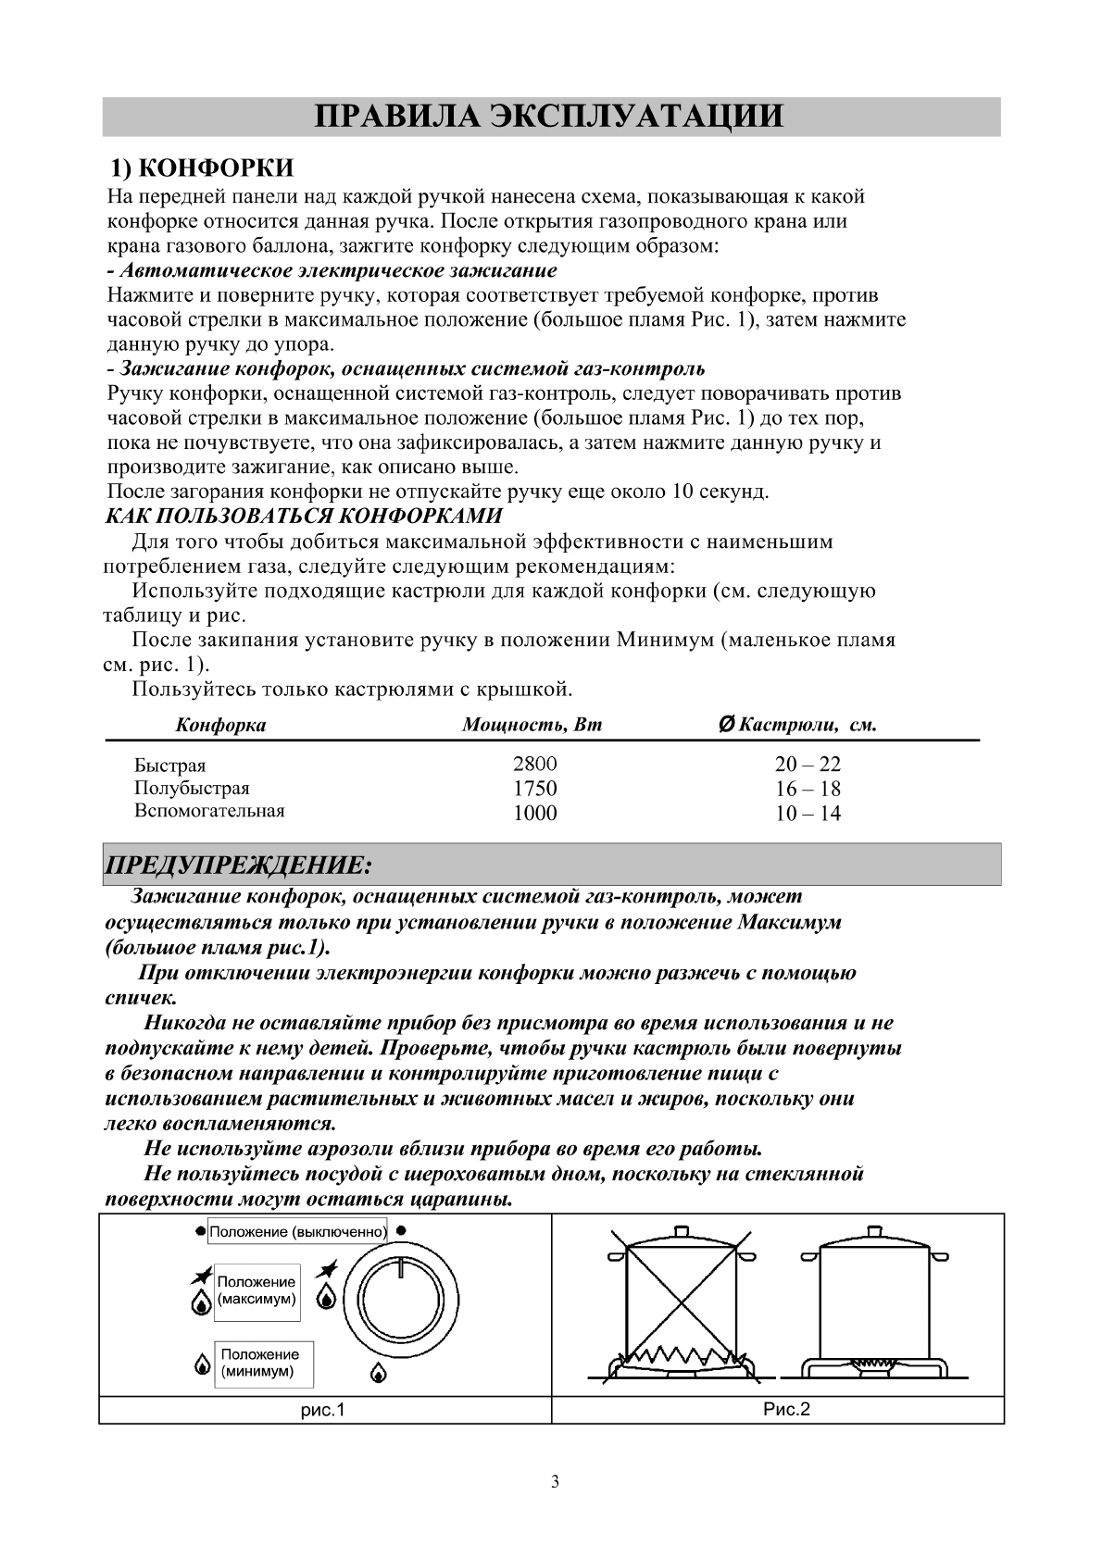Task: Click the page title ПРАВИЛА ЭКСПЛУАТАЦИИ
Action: point(550,118)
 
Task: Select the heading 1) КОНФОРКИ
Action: point(202,168)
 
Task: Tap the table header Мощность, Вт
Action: point(532,725)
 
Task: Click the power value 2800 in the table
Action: point(535,765)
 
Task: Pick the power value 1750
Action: point(535,789)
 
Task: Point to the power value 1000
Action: point(535,813)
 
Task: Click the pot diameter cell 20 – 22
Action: point(808,765)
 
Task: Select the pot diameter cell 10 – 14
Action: point(808,814)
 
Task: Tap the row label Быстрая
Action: point(170,766)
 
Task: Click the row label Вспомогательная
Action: point(209,811)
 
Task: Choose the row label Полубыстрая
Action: point(192,789)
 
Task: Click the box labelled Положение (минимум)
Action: point(262,1363)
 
